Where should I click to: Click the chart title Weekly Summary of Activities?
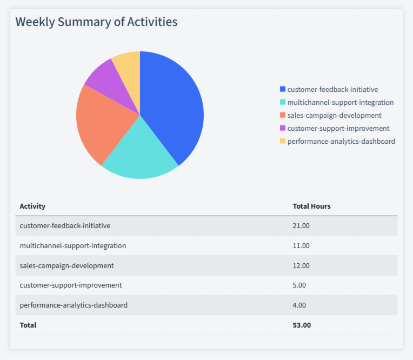[x=96, y=22]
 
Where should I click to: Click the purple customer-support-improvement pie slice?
[x=108, y=81]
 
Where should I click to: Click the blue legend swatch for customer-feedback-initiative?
[x=282, y=89]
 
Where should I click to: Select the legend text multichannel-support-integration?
[x=341, y=102]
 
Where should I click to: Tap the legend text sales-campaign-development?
[x=334, y=115]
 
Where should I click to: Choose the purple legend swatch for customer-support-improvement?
[x=282, y=128]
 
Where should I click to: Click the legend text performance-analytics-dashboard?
[x=341, y=141]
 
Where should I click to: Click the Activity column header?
[x=32, y=206]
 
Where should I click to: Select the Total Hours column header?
[x=311, y=206]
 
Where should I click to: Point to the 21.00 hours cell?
[x=301, y=225]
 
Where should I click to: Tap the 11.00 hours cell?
[x=301, y=245]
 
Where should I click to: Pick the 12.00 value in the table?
[x=301, y=265]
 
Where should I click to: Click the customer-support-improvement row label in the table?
[x=71, y=285]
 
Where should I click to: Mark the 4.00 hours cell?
[x=299, y=305]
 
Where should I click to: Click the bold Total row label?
[x=28, y=325]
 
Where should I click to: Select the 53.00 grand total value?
[x=302, y=325]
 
